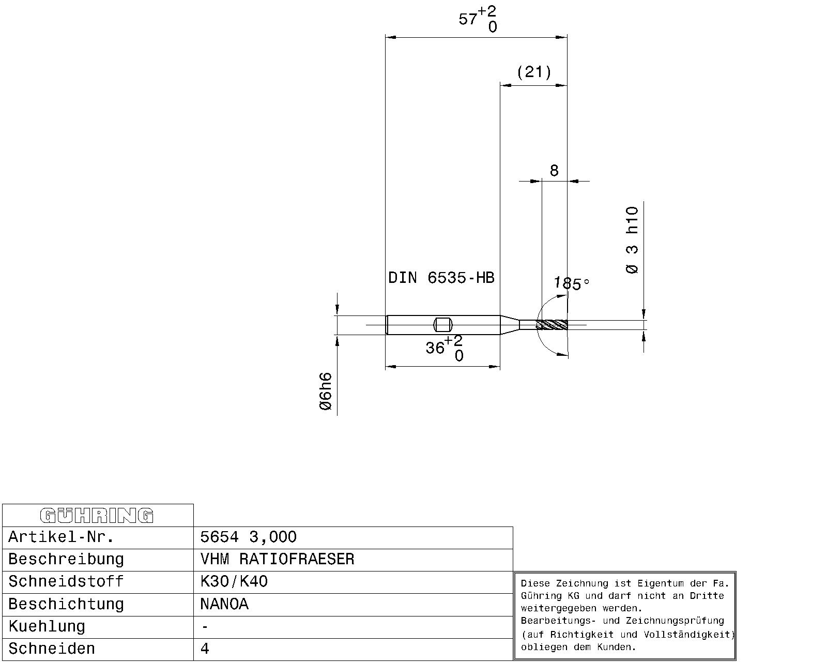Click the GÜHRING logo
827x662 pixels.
[x=97, y=516]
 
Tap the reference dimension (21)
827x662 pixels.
[x=534, y=72]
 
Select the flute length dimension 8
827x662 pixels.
[x=554, y=170]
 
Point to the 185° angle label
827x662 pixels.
[x=571, y=283]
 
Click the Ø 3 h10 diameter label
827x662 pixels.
[x=632, y=240]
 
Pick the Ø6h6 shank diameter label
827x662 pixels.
[x=325, y=391]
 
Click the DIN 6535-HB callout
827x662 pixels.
[x=441, y=277]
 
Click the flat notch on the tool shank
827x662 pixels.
[x=443, y=325]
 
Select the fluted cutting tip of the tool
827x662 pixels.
[x=552, y=325]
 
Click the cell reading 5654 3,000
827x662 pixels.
[x=248, y=537]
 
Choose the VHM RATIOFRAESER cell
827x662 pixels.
[x=277, y=559]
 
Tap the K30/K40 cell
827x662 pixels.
[x=234, y=581]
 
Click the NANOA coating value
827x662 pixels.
[x=224, y=604]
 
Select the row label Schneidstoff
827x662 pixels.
[x=66, y=581]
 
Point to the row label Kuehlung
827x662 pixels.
[x=47, y=626]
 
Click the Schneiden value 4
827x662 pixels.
[x=205, y=649]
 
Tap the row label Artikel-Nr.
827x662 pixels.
[x=61, y=537]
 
